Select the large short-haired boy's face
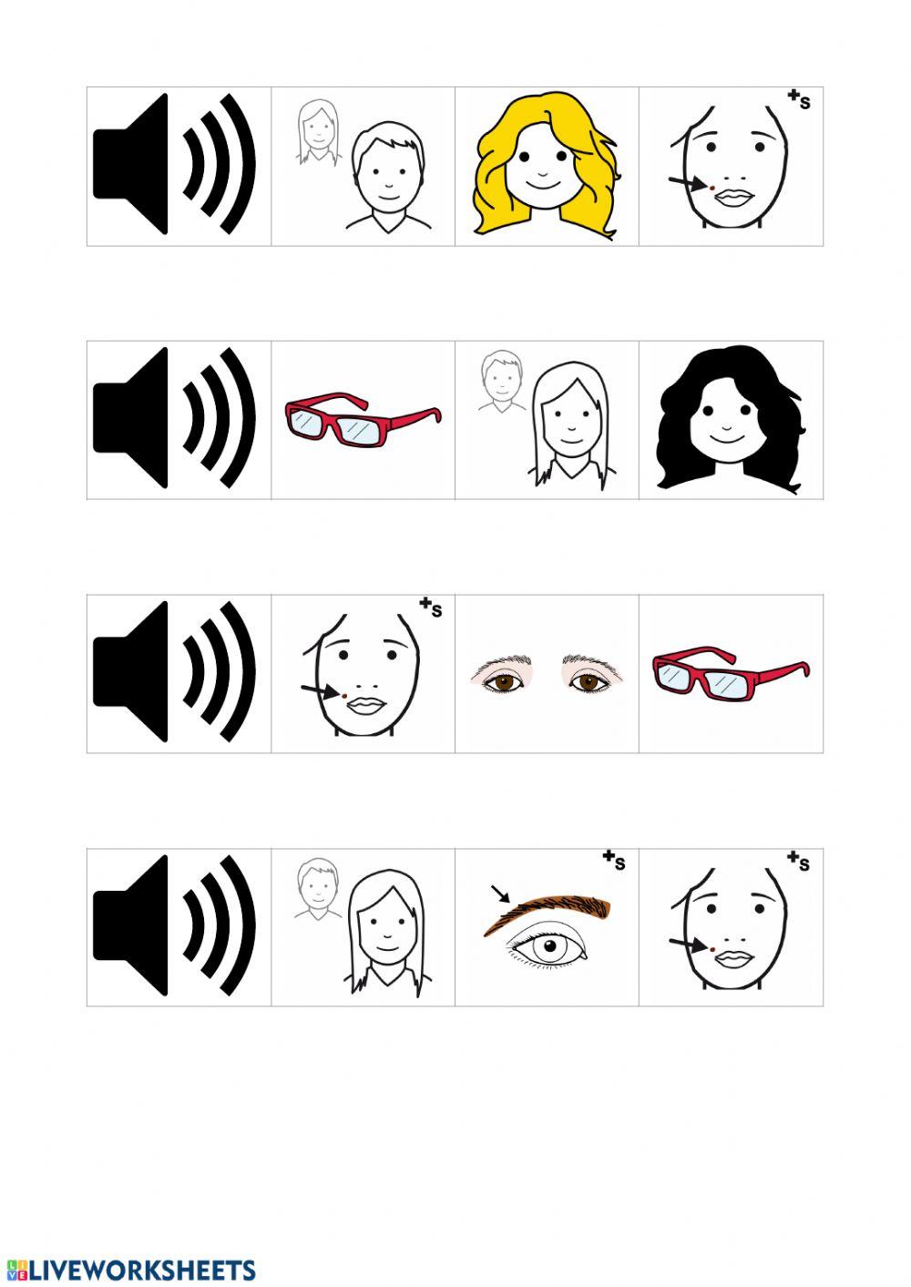[x=386, y=178]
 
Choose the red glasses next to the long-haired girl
[x=363, y=420]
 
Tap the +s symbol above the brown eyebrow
[x=615, y=860]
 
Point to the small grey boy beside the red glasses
[x=499, y=383]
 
